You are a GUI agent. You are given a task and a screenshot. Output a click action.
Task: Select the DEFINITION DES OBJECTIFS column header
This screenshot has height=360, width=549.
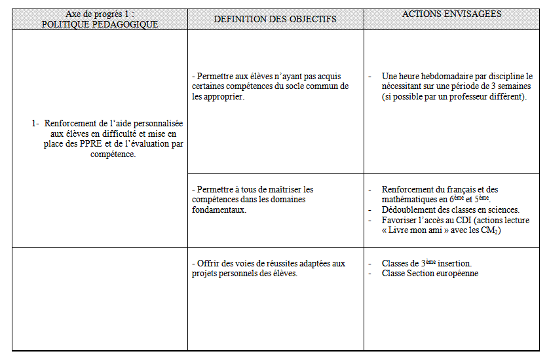pyautogui.click(x=275, y=19)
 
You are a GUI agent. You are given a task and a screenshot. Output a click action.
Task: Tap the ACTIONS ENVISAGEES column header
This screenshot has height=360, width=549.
pyautogui.click(x=452, y=14)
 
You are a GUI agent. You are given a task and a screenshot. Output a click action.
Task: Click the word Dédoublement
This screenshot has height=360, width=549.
pyautogui.click(x=410, y=209)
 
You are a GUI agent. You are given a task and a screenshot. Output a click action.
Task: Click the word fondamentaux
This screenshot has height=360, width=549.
pyautogui.click(x=219, y=210)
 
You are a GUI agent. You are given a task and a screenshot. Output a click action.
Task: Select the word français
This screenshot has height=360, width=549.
pyautogui.click(x=463, y=189)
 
